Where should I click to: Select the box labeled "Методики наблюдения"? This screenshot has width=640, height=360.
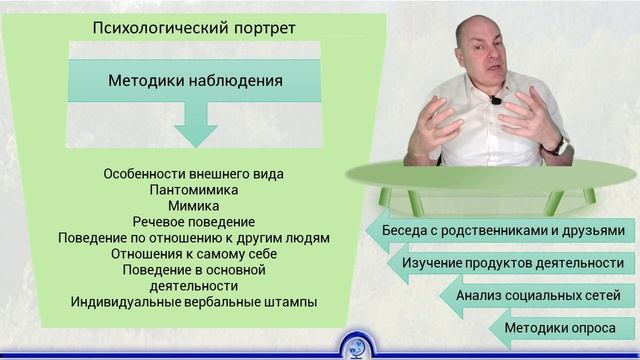tap(194, 80)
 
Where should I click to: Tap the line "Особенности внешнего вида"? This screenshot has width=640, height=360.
tap(194, 173)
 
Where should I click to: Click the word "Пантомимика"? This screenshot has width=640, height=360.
tap(194, 189)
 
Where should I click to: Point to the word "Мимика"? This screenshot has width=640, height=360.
tap(194, 205)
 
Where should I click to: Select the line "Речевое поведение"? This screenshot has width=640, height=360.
tap(194, 221)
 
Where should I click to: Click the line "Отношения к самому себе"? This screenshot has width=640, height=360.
tap(194, 253)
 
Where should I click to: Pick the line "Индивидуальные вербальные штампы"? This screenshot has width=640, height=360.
tap(194, 301)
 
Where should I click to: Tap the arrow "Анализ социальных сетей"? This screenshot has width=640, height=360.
tap(536, 296)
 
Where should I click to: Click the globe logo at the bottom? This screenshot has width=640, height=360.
tap(355, 345)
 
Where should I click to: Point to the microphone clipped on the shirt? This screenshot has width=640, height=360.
tap(495, 100)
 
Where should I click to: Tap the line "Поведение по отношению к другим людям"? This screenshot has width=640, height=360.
tap(194, 237)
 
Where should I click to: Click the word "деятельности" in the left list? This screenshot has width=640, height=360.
tap(194, 285)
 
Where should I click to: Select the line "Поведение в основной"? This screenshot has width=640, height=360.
tap(194, 269)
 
